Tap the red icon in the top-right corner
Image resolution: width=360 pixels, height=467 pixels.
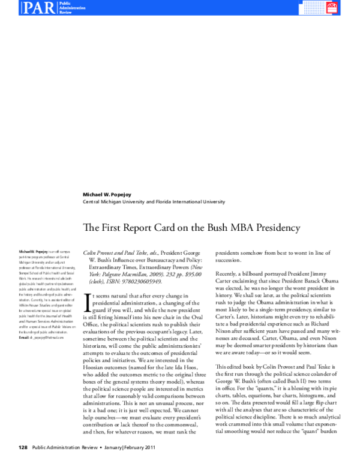[349, 8]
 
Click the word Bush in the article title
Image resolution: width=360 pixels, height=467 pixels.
[199, 228]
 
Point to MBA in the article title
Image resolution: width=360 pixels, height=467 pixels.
[224, 228]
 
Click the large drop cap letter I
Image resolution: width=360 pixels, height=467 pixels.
[88, 300]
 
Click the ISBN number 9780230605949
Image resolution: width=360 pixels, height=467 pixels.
[141, 281]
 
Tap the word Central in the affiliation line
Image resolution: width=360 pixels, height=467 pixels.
[92, 203]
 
